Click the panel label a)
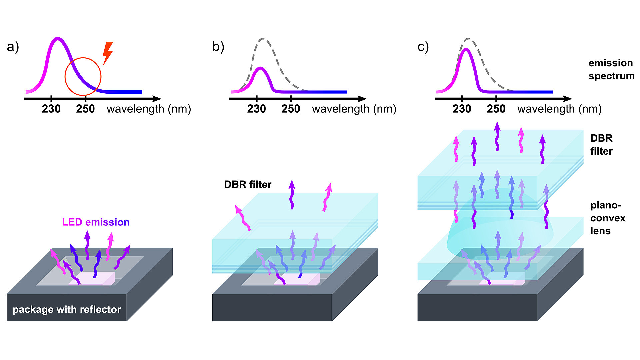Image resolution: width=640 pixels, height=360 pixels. (13, 47)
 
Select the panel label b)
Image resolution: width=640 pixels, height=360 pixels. (218, 47)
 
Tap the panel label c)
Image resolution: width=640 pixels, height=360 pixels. (423, 47)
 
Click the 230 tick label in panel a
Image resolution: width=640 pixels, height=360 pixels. (51, 109)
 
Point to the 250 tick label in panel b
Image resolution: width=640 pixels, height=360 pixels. (291, 109)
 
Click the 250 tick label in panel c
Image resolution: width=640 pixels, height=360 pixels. (496, 109)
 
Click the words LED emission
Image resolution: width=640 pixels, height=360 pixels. (96, 222)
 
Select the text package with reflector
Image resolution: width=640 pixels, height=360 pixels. (67, 309)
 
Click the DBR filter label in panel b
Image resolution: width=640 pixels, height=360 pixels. (248, 184)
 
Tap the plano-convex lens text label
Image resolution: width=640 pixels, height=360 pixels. (608, 218)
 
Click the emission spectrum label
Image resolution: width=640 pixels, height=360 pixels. (611, 69)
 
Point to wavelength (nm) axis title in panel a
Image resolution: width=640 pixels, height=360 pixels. (149, 109)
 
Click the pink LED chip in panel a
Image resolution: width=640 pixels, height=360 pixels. (92, 278)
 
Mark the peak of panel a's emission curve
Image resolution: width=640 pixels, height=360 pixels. (58, 39)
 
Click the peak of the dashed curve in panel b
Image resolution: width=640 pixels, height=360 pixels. (263, 39)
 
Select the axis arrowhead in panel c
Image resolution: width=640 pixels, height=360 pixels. (567, 99)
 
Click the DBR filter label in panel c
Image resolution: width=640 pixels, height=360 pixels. (601, 145)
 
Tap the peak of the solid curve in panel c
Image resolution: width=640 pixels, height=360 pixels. (466, 50)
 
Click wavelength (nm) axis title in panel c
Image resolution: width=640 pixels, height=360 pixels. (559, 109)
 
